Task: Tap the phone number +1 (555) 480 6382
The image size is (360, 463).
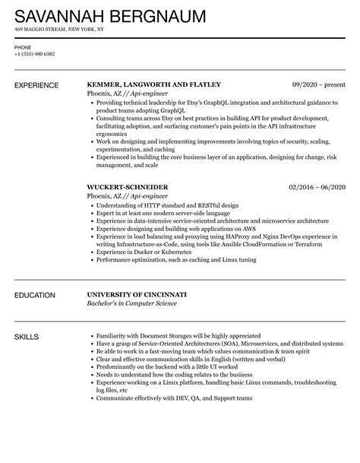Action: coord(35,54)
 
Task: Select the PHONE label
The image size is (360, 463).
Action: coord(23,46)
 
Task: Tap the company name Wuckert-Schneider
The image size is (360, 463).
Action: coord(128,186)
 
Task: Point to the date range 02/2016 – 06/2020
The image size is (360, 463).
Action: coord(317,186)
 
